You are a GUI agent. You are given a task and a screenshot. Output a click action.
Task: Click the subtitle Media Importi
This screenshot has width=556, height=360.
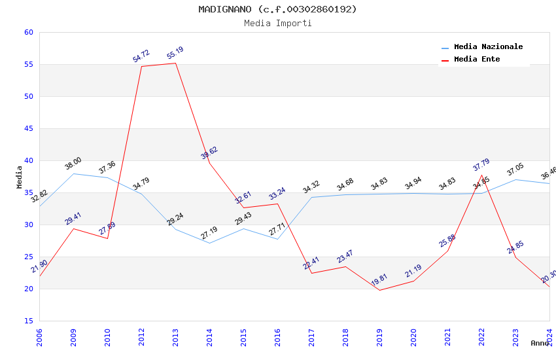pos(278,24)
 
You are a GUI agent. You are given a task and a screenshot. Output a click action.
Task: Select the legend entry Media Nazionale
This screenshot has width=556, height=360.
pos(488,47)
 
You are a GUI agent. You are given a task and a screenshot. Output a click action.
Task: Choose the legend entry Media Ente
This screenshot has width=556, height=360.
pos(477,60)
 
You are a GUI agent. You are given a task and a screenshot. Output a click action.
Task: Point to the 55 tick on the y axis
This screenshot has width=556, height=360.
pos(28,65)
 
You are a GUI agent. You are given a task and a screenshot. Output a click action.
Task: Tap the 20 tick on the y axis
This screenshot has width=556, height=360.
pos(28,289)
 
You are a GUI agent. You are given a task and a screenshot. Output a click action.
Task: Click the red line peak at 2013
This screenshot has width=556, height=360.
pos(175,63)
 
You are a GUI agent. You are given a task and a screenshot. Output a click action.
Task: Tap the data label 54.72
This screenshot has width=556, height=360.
pos(141,56)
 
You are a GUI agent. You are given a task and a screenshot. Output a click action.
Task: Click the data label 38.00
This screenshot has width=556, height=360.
pos(73,163)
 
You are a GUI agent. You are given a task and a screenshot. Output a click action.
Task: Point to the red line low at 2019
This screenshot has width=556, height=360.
pos(379,290)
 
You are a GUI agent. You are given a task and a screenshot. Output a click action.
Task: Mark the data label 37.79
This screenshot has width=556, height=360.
pos(481,165)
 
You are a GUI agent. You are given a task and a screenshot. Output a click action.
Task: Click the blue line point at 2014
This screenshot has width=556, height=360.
pos(209,243)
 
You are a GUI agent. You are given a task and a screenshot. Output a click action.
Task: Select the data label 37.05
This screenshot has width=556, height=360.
pos(515,170)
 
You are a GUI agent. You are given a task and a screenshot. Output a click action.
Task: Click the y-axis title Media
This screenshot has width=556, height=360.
pos(20,177)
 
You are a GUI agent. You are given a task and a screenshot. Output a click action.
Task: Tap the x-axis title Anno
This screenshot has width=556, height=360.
pos(540,343)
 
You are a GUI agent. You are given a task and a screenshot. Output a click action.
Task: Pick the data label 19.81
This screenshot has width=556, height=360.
pos(379,280)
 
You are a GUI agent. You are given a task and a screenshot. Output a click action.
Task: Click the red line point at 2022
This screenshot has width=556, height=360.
pos(481,175)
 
